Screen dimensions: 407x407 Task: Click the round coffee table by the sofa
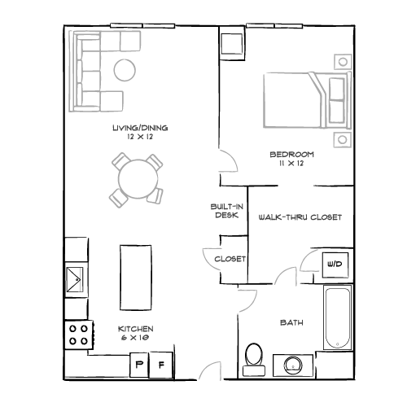[x=125, y=71]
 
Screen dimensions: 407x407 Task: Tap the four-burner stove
[x=78, y=334]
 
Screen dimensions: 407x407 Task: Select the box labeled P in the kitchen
[x=140, y=365]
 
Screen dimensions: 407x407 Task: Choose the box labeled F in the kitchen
[x=162, y=365]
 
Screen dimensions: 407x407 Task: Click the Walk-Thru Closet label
[x=299, y=218]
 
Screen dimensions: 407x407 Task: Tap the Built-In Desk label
[x=225, y=212]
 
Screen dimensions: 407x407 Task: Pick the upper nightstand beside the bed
[x=344, y=61]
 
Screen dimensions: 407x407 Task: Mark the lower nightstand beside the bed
[x=344, y=138]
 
